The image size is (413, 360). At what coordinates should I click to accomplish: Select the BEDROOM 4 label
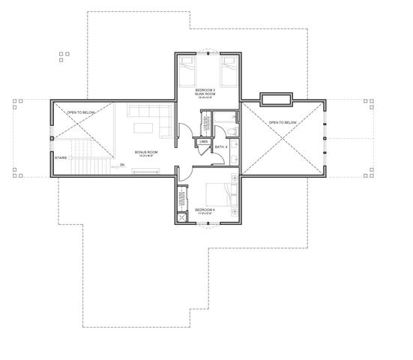click(206, 211)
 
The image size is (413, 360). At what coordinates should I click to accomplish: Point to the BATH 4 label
click(220, 148)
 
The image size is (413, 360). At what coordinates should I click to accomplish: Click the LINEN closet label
click(203, 140)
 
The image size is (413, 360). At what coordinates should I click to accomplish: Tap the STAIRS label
click(60, 157)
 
